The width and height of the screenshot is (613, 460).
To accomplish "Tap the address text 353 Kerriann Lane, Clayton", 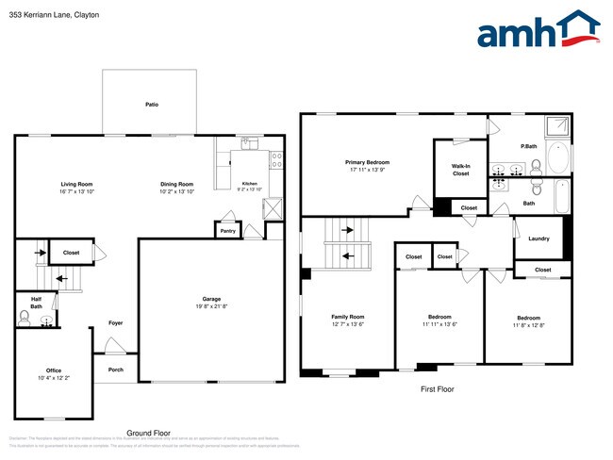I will pos(55,16).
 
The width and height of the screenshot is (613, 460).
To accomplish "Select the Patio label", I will pos(151,105).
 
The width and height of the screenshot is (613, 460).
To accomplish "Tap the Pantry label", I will pos(227,230).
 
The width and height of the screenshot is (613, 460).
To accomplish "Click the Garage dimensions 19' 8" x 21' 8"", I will pos(210,307).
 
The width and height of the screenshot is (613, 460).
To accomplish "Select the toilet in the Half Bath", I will pos(25,320).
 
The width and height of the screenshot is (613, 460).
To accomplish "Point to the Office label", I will pos(54,370).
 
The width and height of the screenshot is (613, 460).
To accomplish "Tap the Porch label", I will pos(115,370).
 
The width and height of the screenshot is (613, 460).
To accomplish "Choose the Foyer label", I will pos(115,323).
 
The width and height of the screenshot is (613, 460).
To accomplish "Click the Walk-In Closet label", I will pos(460,169).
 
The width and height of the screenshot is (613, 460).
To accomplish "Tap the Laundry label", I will pos(538,238).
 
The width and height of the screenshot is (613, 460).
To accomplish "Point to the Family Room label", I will pos(347,317).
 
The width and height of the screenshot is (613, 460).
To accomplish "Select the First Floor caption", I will pos(439,388).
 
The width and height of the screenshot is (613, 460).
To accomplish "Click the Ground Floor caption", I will pos(148,433).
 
